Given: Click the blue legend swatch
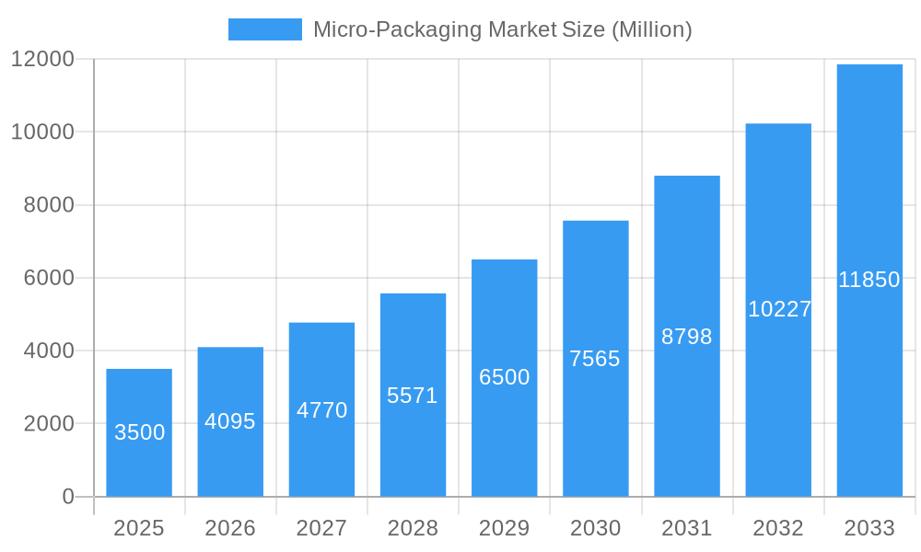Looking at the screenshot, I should click(265, 29).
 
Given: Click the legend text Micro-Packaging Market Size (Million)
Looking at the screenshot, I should click(502, 29).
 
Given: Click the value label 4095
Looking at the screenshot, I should click(230, 421).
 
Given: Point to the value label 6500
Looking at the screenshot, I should click(504, 377).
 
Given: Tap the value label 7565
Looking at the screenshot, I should click(595, 359).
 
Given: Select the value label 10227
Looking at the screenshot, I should click(779, 309).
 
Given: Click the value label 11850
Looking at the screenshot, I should click(869, 280).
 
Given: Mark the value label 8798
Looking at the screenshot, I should click(687, 337).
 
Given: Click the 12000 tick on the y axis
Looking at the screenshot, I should click(42, 59).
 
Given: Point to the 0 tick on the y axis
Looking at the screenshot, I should click(68, 497).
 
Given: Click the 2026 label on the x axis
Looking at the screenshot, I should click(230, 528).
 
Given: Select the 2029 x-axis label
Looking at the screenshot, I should click(504, 528).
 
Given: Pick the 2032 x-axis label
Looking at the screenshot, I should click(778, 528).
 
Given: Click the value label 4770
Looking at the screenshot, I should click(321, 410).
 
